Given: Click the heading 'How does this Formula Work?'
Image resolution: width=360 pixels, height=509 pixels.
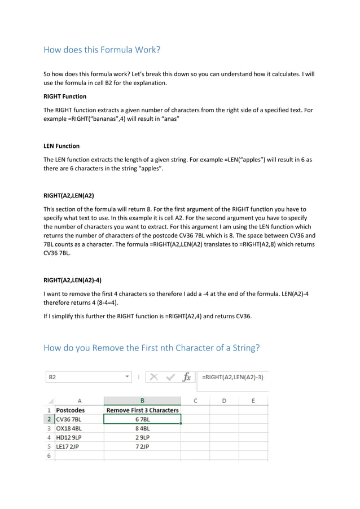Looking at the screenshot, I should coord(102,50).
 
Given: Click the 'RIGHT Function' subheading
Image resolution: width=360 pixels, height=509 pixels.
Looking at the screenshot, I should coord(65,96).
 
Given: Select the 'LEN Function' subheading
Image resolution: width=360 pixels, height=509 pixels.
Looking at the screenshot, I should coord(62,146).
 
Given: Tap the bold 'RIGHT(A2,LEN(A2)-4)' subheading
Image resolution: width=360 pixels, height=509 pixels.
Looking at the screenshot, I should coord(72,280).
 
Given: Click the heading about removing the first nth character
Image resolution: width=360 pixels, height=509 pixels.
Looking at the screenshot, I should coord(151,348).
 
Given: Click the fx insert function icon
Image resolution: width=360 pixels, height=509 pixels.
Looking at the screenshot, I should coord(186,377).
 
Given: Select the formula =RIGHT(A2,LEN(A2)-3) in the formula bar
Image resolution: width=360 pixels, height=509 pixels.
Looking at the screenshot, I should coord(231,376).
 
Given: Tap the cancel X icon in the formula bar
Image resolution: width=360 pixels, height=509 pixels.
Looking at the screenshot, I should coord(154,377).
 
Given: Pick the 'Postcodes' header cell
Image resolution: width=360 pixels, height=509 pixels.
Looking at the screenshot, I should coord(71,410).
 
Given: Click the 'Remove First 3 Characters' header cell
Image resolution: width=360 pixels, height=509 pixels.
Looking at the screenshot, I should coord(142,410).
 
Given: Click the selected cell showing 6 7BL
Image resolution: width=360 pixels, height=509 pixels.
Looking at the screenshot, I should coord(142,419).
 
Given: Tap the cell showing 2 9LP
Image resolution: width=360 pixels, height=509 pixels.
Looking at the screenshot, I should coord(142,437).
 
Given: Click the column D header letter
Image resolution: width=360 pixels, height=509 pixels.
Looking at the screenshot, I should coord(224,401).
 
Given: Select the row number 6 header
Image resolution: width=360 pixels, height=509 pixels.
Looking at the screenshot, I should coord(49,455).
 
